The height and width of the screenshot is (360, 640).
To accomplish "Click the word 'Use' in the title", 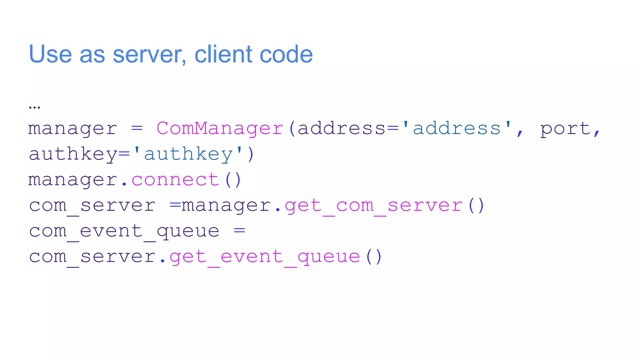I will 50,54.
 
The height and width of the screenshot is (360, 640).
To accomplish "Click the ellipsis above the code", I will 34,107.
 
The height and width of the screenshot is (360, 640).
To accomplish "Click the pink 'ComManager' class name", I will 220,128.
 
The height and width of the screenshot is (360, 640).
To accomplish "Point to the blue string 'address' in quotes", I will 457,128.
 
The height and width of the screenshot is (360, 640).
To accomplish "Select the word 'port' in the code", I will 565,128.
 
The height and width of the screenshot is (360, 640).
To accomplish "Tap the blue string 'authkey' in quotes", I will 188,154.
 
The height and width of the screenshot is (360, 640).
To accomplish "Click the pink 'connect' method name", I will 175,180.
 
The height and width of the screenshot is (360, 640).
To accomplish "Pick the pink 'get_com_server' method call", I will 373,206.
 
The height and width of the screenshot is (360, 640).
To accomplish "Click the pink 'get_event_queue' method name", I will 265,257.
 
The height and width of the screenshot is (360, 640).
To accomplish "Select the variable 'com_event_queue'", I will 124,231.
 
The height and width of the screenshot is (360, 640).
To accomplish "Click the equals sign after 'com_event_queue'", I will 239,231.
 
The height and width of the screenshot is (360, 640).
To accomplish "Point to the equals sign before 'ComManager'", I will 137,128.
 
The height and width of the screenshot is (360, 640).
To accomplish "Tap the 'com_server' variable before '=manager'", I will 92,206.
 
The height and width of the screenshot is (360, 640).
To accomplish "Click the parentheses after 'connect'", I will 233,180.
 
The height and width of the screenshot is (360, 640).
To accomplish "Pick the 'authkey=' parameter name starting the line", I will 79,154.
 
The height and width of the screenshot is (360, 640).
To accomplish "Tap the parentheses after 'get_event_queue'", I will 374,257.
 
